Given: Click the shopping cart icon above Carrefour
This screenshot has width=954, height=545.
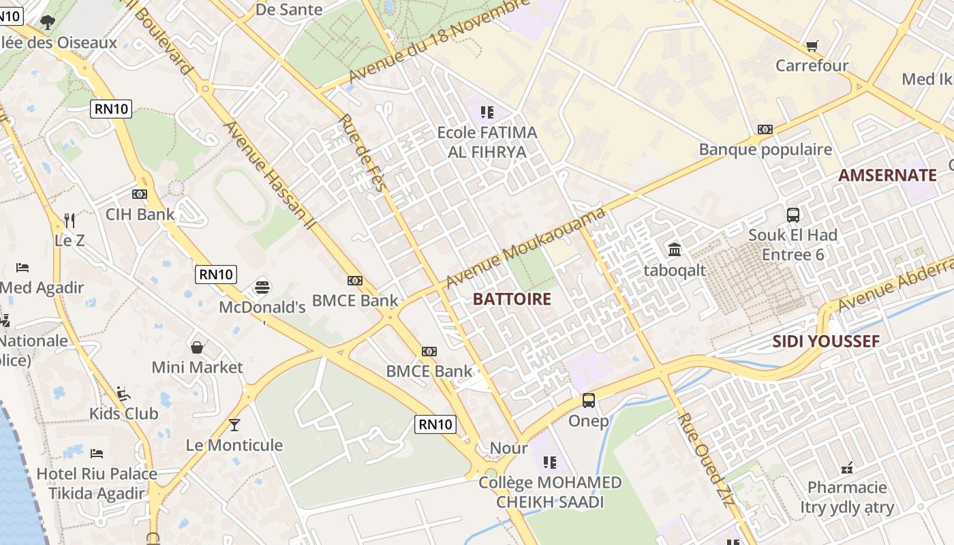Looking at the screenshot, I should [811, 46].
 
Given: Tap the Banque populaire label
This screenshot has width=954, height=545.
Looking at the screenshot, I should [765, 149].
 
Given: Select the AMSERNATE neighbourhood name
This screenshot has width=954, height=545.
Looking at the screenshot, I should [887, 175].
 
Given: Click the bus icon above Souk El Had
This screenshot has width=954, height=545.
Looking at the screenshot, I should [793, 215].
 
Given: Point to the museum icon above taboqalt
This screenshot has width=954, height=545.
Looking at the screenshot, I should [675, 250].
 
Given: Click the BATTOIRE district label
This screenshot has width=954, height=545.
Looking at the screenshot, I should [512, 299].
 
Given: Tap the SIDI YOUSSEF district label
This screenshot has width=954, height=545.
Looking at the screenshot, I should [826, 341].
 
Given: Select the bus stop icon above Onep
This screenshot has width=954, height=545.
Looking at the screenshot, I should [588, 401].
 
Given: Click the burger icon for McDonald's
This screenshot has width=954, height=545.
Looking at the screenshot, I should [262, 287].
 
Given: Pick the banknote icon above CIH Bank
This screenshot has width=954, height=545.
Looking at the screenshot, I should [140, 194].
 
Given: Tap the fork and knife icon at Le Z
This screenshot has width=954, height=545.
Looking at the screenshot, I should [70, 220].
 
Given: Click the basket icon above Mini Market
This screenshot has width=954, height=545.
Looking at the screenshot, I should [197, 347].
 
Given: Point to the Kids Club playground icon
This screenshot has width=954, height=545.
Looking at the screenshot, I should [123, 394].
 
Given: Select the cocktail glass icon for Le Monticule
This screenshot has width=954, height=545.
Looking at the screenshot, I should [234, 425].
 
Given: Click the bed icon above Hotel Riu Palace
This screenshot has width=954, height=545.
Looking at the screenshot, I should [97, 453].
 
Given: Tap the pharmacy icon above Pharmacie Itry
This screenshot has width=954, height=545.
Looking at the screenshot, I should [847, 467].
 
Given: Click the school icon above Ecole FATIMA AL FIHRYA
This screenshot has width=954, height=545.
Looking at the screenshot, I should [487, 112].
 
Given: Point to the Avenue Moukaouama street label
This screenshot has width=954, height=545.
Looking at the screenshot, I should [525, 248].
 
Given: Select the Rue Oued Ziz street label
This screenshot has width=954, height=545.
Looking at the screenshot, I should [706, 460].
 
